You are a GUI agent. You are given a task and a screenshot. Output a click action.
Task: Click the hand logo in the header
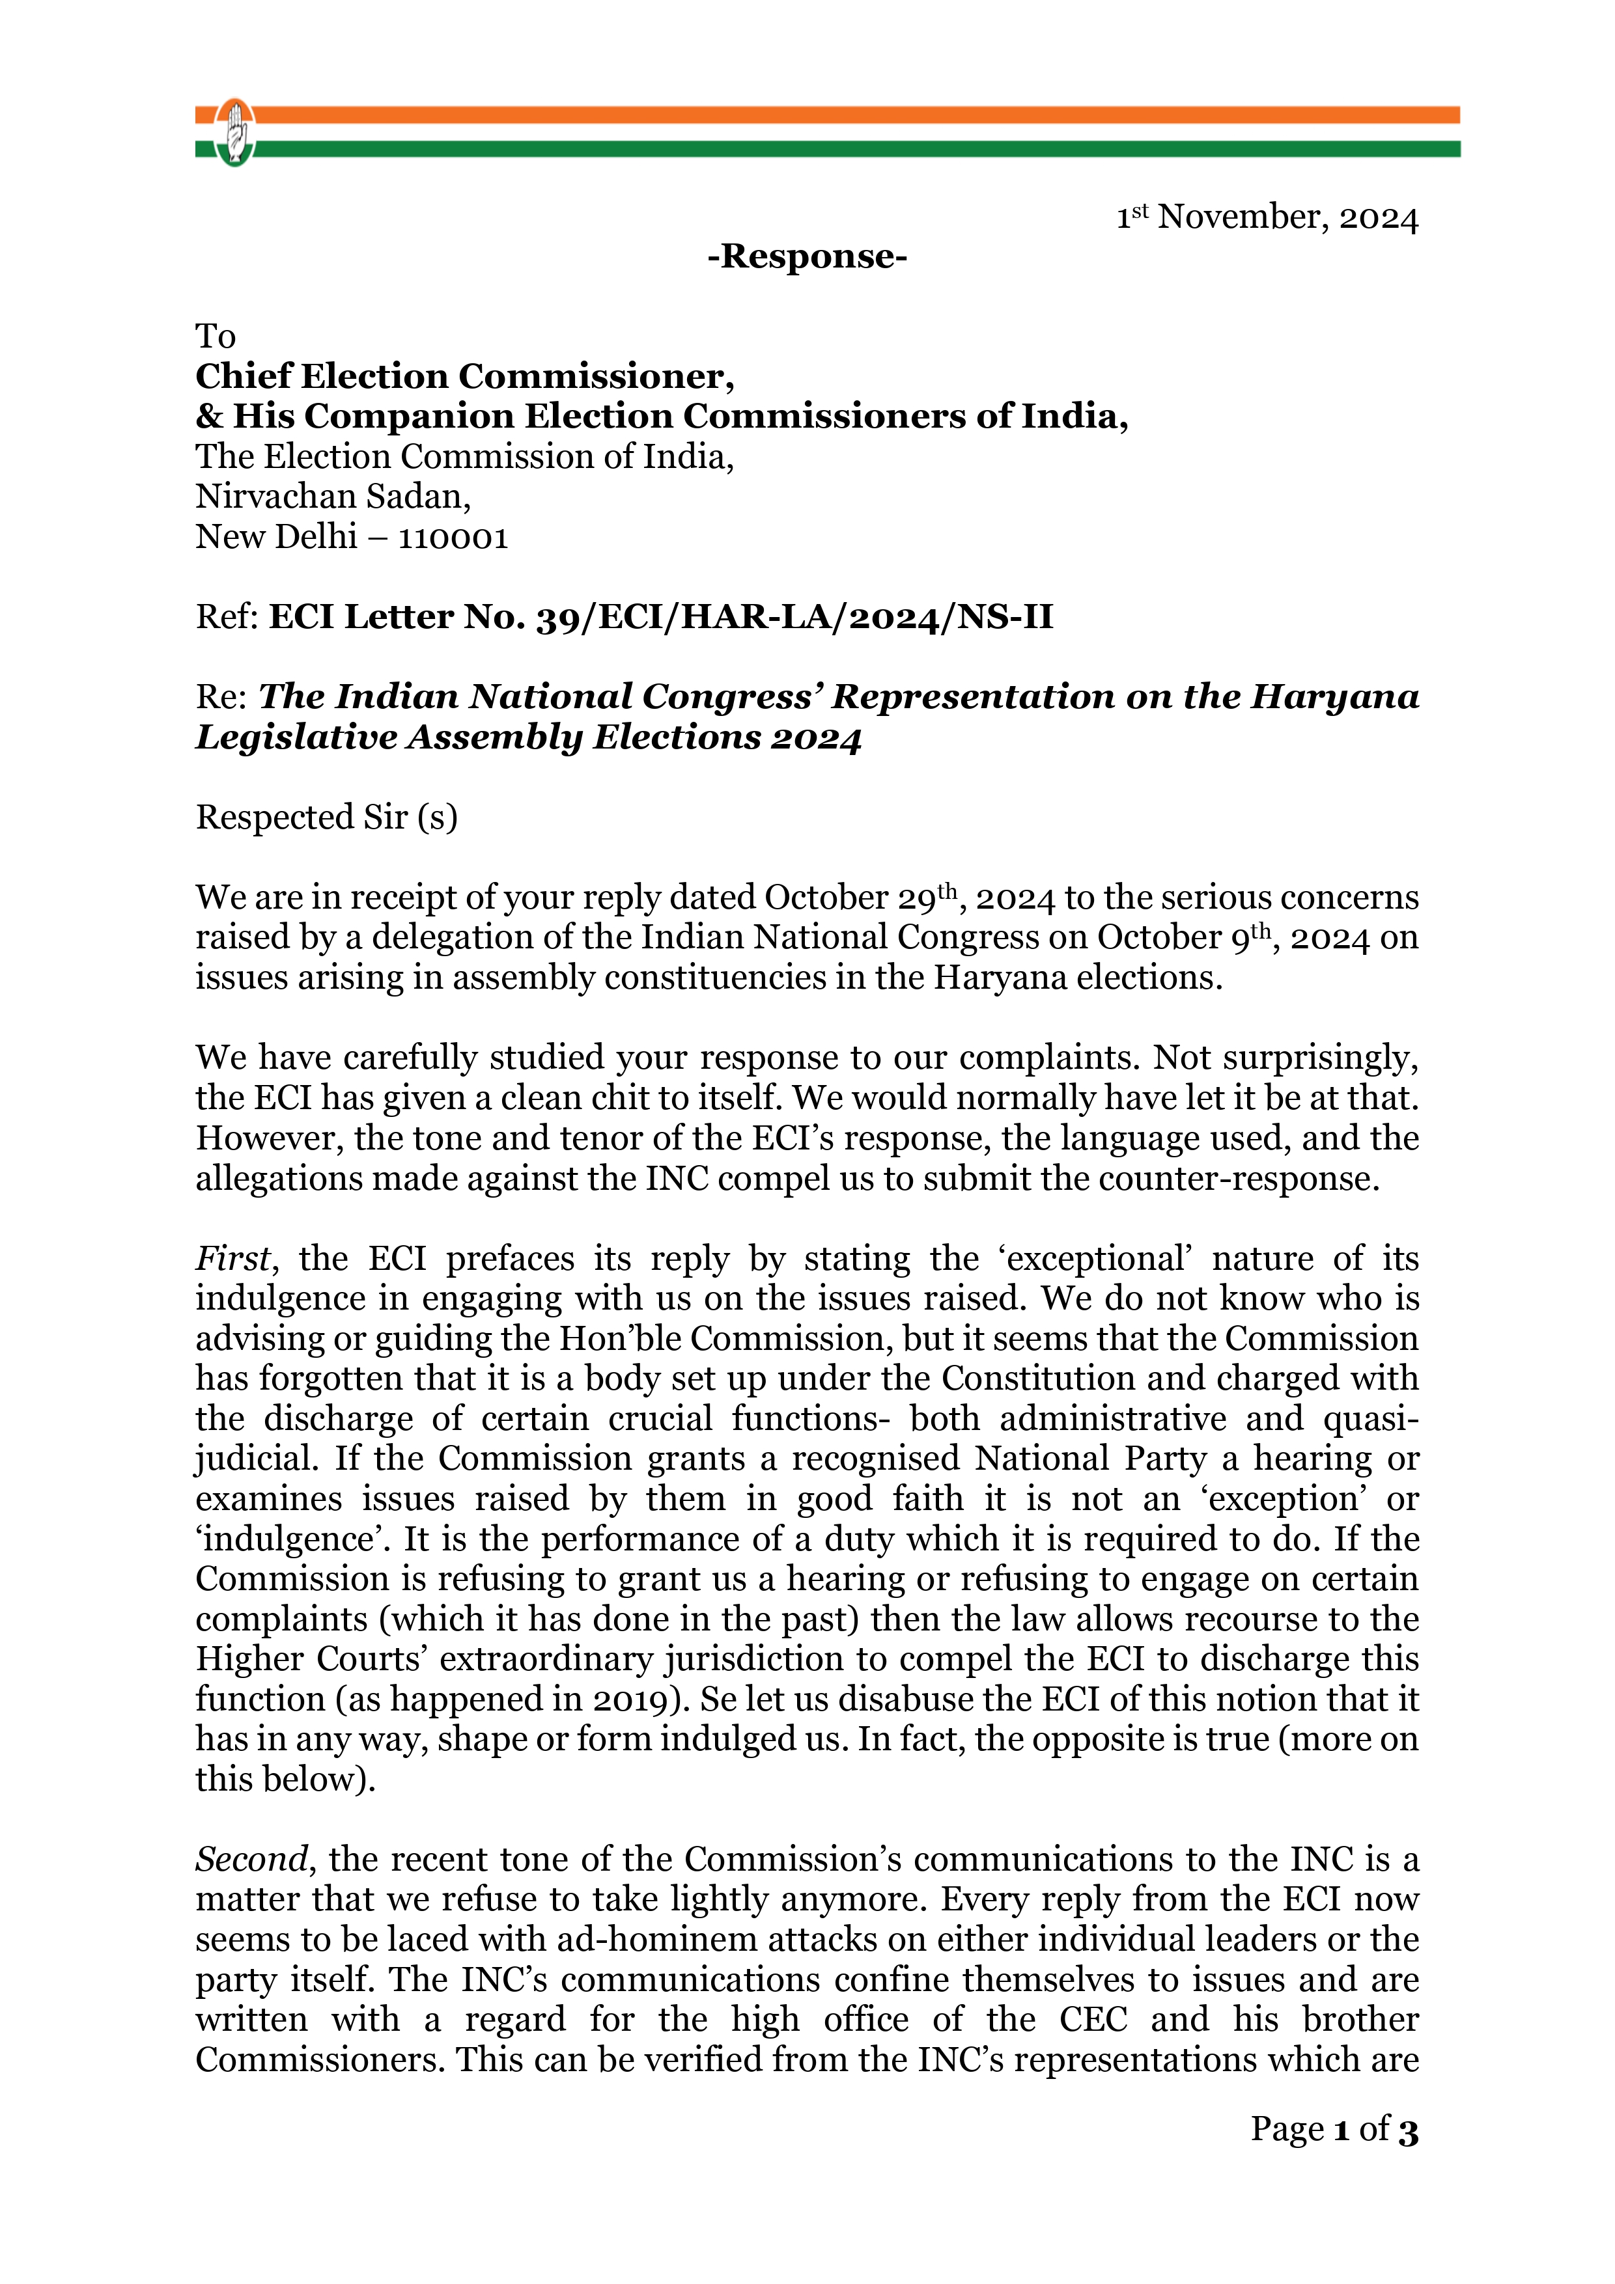(x=235, y=132)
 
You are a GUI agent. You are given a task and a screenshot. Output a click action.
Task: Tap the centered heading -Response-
(x=807, y=256)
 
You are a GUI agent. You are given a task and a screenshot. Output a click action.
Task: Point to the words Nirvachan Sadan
(x=332, y=497)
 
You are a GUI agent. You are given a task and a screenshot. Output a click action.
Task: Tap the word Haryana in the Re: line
(x=1334, y=696)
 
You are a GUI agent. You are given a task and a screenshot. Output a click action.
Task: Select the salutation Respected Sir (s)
(x=326, y=817)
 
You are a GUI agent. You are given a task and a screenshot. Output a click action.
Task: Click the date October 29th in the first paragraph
(x=861, y=898)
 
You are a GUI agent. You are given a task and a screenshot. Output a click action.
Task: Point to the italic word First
(x=232, y=1258)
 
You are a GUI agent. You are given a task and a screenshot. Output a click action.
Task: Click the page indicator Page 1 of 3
(x=1334, y=2129)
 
